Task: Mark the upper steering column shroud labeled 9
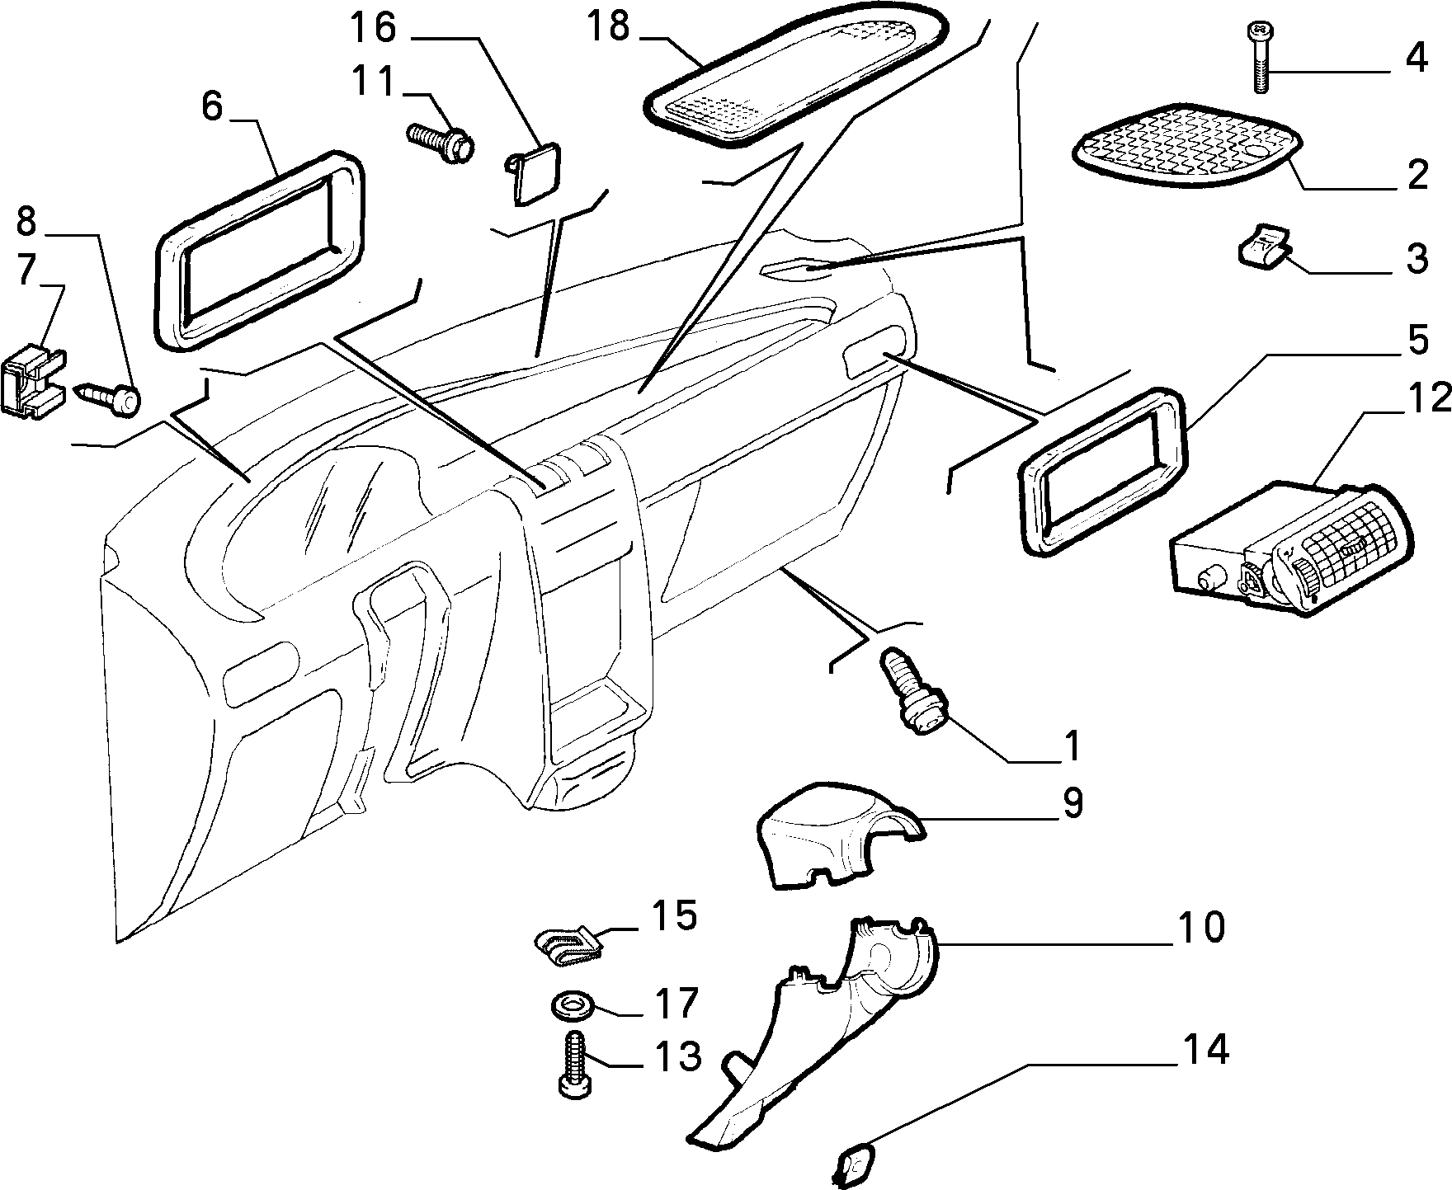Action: pos(839,845)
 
